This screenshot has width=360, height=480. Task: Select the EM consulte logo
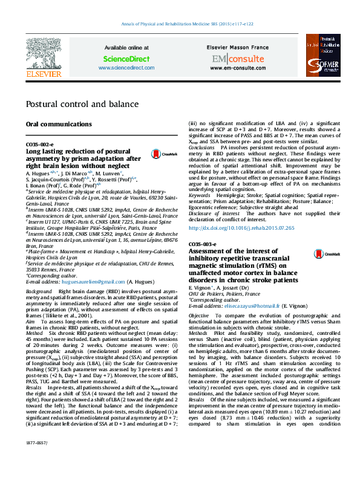click(x=238, y=59)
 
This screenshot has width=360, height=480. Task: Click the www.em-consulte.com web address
click(x=238, y=68)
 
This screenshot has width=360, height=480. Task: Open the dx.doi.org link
click(x=242, y=228)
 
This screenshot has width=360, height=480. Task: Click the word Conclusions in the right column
click(x=202, y=148)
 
